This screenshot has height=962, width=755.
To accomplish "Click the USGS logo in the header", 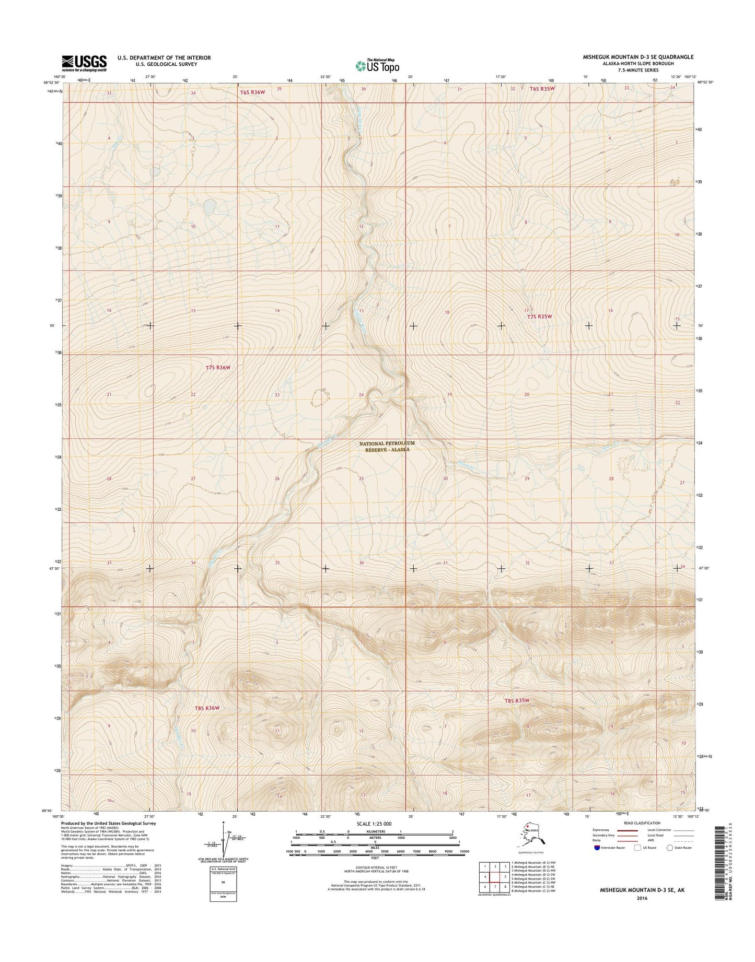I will [84, 63].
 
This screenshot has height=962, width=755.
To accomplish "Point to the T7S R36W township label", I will [217, 368].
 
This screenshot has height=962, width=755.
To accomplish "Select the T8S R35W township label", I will [517, 701].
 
